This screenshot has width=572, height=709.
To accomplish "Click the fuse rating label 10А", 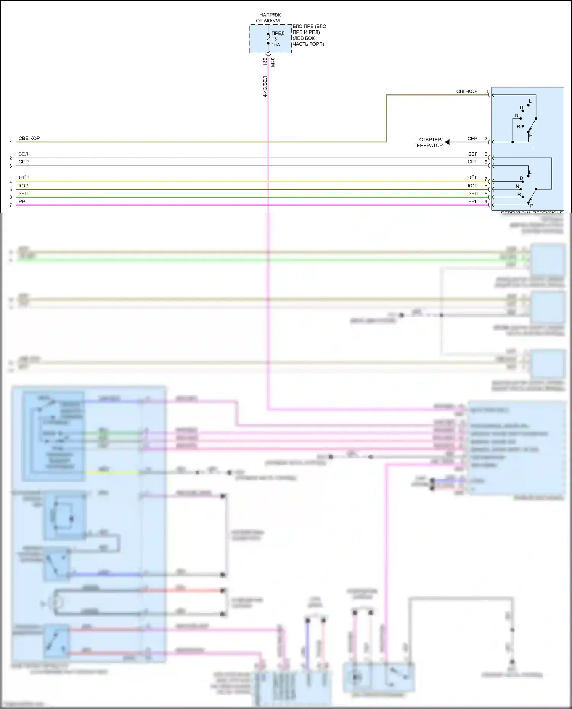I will pos(276,45).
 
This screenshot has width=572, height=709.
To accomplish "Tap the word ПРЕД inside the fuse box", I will pos(278,33).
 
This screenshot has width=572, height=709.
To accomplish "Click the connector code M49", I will pos(273,62).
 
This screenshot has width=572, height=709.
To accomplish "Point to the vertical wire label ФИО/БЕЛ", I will pos(265,86).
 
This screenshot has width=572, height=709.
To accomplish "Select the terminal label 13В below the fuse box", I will pos(265,61).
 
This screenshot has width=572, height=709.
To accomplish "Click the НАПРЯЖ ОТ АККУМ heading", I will pos(269,18).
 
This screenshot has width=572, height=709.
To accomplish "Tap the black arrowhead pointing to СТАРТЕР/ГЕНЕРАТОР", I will pos(447,142).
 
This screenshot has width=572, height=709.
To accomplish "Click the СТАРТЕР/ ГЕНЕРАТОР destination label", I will pos(429,142).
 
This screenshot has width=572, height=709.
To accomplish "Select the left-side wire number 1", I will pos(11,142).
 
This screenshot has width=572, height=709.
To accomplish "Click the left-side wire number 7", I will pos(11,205).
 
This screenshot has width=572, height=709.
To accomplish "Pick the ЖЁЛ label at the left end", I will pos(24,178).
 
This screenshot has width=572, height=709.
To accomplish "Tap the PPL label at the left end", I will pos(23,202).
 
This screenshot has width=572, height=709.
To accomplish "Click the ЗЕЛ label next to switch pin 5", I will pos(473,194).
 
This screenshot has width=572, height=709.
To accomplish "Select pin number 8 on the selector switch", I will pos(486,162).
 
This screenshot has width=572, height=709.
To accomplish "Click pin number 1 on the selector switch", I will pos(487,91).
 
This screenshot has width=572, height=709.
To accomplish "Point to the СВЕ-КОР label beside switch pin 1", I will pos(467,91).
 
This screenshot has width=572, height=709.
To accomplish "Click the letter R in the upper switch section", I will pos(519,127).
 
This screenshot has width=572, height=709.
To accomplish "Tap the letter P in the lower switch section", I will pos(532,206).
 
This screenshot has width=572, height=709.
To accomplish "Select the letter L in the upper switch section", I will pos(530,101).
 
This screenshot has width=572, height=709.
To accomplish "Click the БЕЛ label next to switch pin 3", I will pos(473,154).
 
